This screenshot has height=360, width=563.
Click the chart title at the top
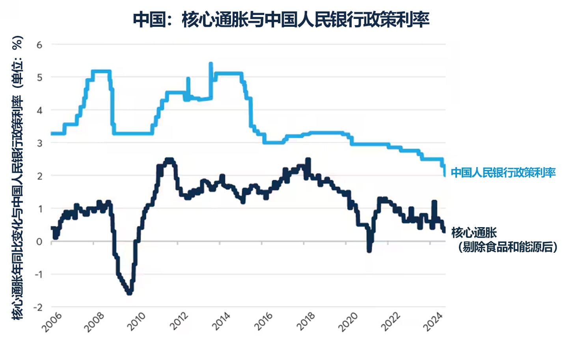pos(281,20)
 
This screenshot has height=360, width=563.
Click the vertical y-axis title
pos(18,177)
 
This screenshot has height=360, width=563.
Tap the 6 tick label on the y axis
pos(39,45)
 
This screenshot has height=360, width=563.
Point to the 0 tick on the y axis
pos(39,241)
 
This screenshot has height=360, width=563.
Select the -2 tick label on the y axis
pos(38,307)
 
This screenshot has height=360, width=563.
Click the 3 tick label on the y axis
pos(39,143)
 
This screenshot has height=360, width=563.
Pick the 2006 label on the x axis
pos(52,322)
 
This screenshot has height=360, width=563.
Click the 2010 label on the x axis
pos(136,322)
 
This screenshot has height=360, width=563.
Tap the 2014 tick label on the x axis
pos(220,322)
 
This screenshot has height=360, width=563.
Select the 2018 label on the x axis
pos(305,322)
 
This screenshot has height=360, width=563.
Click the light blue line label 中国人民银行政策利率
pos(503,172)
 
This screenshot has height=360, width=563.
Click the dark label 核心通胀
pos(474,233)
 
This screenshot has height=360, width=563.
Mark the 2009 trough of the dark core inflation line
pos(129,292)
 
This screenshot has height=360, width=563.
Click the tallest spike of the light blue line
pos(211,63)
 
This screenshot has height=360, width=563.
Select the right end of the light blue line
pos(444,175)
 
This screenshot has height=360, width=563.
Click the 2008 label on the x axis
pos(94,322)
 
